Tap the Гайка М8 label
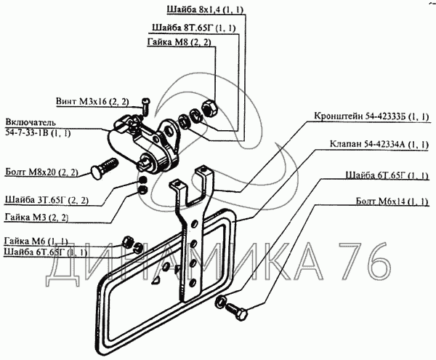click(179, 43)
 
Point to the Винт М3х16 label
click(92, 101)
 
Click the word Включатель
click(31, 120)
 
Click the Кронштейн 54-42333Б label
click(373, 116)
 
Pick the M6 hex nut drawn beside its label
click(128, 240)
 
